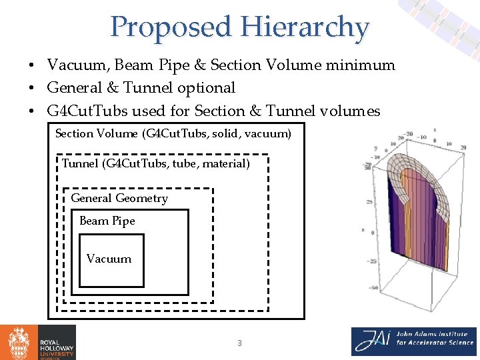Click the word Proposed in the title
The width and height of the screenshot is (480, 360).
tap(173, 28)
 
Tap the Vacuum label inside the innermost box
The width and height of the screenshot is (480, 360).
tap(109, 259)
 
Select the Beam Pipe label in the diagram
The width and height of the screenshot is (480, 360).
tap(107, 221)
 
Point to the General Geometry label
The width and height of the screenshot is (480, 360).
tap(119, 198)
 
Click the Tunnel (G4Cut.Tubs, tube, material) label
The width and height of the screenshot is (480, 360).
tap(156, 163)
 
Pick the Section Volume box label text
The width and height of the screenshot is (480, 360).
tap(173, 133)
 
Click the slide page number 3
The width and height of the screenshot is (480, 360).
tap(239, 343)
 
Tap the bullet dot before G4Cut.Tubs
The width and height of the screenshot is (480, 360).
tap(31, 111)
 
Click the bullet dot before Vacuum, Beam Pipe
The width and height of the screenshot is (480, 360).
tap(31, 66)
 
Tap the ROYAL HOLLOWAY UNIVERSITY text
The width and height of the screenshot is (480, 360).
tap(56, 342)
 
